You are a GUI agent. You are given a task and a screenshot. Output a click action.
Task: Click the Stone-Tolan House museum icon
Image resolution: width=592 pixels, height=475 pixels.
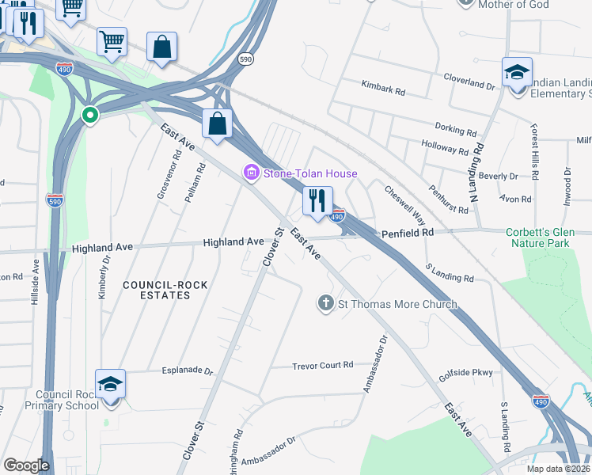[x=252, y=173]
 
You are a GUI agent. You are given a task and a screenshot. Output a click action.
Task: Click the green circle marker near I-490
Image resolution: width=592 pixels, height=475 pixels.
[x=90, y=116]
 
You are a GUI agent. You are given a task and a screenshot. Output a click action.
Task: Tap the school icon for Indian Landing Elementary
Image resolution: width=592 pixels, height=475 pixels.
[x=517, y=74]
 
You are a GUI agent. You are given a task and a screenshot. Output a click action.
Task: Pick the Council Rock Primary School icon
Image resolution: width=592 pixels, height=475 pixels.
[x=111, y=386]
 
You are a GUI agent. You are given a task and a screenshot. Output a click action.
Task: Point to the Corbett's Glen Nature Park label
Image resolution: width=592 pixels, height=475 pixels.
[x=548, y=238]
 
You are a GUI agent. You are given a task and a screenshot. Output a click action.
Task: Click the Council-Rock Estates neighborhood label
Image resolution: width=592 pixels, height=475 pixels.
[x=157, y=289]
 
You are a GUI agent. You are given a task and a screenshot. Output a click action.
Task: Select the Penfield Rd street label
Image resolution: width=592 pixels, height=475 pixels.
[x=408, y=233]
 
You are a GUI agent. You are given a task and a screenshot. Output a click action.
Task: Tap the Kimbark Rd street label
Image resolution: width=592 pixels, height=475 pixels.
[x=383, y=87]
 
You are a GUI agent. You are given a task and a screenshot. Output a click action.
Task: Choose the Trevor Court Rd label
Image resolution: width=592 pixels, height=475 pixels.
[x=322, y=365]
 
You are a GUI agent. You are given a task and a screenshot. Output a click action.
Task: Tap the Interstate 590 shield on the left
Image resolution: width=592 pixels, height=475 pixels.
[x=55, y=199]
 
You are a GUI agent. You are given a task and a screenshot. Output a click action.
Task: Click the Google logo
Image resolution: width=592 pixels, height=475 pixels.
[x=26, y=465]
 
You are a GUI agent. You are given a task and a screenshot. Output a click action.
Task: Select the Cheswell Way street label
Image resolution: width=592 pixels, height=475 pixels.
[x=404, y=204]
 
